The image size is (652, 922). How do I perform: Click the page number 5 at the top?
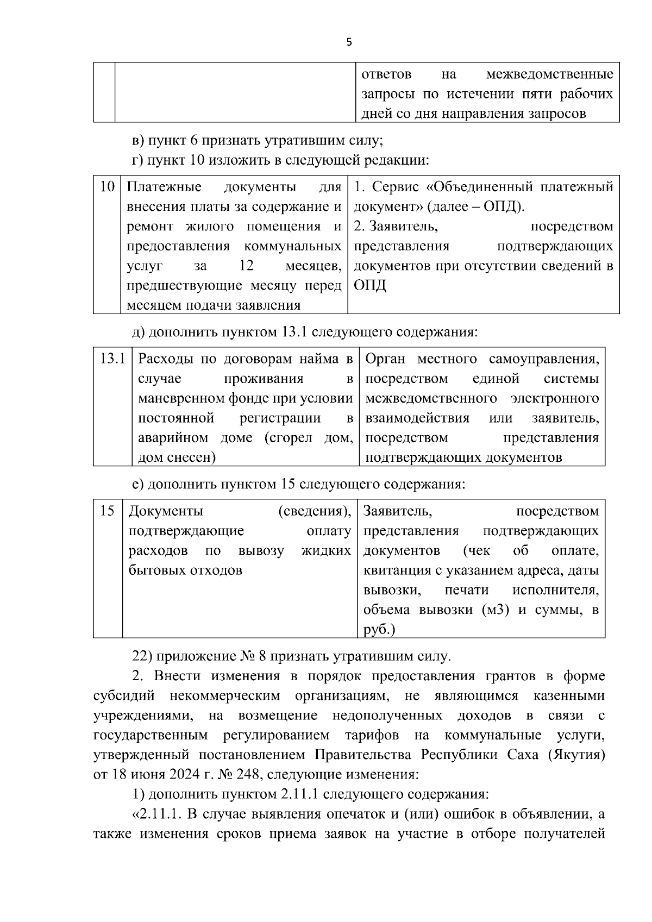349,42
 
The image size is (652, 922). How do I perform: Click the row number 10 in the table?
107,187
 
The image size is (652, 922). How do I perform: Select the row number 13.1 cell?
113,359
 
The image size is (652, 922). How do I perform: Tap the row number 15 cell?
108,511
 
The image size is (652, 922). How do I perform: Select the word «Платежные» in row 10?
164,187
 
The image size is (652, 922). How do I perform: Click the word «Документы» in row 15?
166,511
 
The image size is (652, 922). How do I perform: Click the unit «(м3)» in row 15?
496,610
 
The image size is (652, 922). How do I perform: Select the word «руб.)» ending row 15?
379,630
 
